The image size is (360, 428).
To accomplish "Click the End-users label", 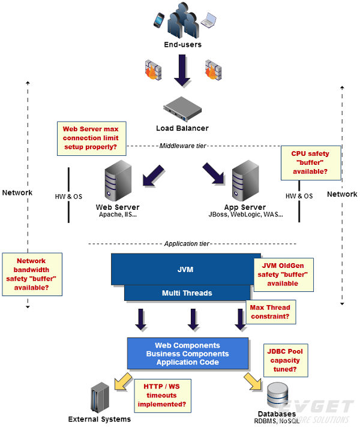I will click(182, 44).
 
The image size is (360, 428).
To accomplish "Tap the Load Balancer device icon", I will click(182, 108).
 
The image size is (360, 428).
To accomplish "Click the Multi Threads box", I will click(186, 293).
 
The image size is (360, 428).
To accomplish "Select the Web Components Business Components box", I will click(187, 354).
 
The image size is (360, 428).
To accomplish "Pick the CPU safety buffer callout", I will click(310, 162).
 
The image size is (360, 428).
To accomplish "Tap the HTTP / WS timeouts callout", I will click(162, 396).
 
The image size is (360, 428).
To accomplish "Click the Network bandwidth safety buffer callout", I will click(32, 274).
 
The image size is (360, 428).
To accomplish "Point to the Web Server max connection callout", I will click(90, 138).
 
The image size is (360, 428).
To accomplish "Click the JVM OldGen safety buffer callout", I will click(283, 275).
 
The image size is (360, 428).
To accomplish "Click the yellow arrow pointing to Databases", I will click(253, 382).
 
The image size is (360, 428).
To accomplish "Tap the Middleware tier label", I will click(182, 145).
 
